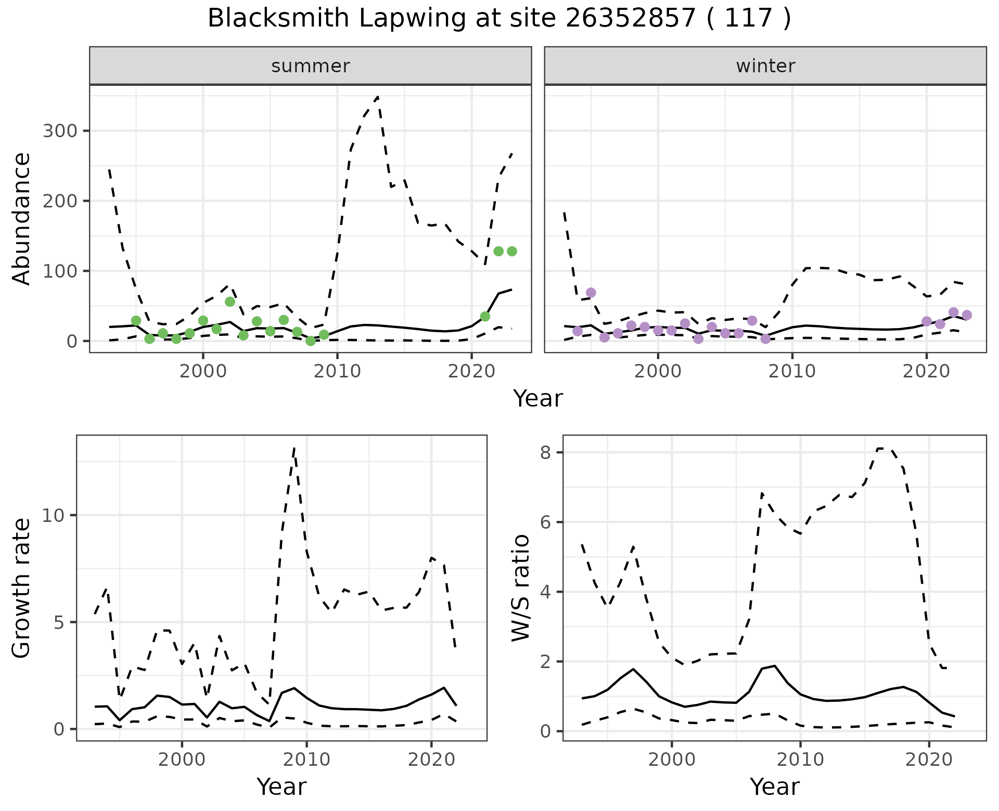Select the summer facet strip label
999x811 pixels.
click(311, 66)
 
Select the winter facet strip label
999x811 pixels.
click(765, 66)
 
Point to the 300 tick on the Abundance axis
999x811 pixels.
click(59, 130)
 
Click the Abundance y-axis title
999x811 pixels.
click(22, 219)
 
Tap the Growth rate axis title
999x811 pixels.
click(22, 588)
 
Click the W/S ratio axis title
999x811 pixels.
click(520, 588)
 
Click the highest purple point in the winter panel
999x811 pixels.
click(591, 293)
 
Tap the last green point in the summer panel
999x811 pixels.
click(511, 251)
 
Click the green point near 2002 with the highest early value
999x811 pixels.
click(230, 302)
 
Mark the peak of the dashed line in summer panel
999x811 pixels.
click(377, 97)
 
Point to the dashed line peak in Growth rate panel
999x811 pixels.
click(294, 448)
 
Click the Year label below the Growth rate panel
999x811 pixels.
click(281, 787)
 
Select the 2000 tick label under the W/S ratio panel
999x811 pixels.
click(672, 760)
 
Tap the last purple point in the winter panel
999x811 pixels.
click(967, 315)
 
